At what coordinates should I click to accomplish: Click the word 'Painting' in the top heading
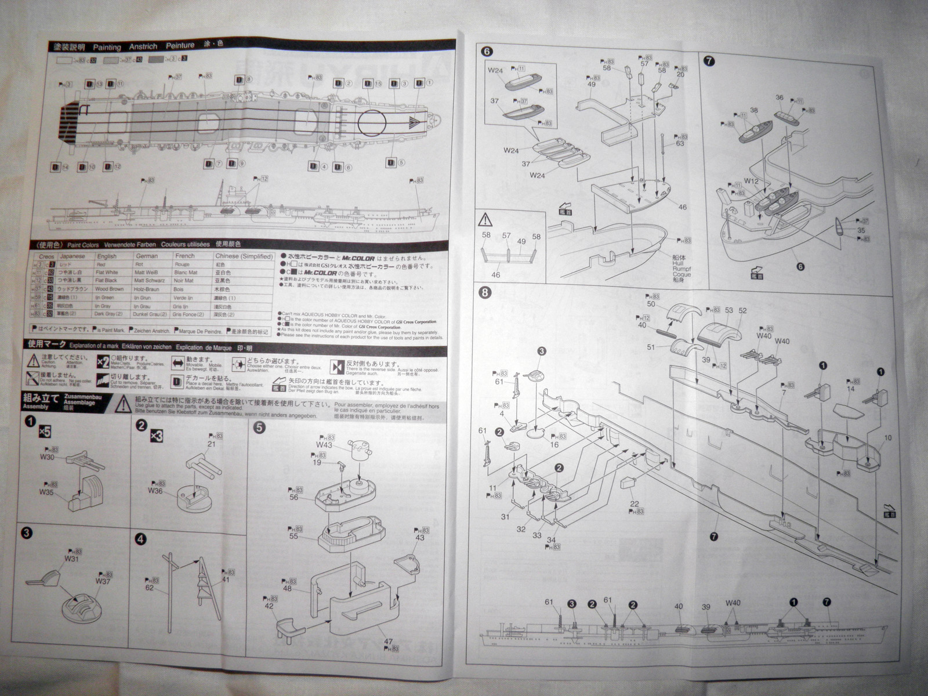pyautogui.click(x=107, y=46)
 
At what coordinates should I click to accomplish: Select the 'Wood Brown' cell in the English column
pyautogui.click(x=109, y=289)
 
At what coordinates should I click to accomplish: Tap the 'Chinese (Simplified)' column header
pyautogui.click(x=244, y=256)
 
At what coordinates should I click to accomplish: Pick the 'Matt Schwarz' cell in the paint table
pyautogui.click(x=149, y=281)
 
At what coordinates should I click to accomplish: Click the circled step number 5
pyautogui.click(x=259, y=428)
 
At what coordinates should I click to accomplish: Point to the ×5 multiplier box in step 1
pyautogui.click(x=44, y=432)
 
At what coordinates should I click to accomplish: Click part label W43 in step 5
pyautogui.click(x=324, y=445)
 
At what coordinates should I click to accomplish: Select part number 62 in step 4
pyautogui.click(x=150, y=588)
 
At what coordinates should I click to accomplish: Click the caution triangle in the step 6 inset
pyautogui.click(x=484, y=220)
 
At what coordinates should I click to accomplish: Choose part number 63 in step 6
pyautogui.click(x=680, y=143)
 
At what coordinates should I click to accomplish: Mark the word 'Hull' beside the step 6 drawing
pyautogui.click(x=677, y=263)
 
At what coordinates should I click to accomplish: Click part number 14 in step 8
pyautogui.click(x=851, y=389)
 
